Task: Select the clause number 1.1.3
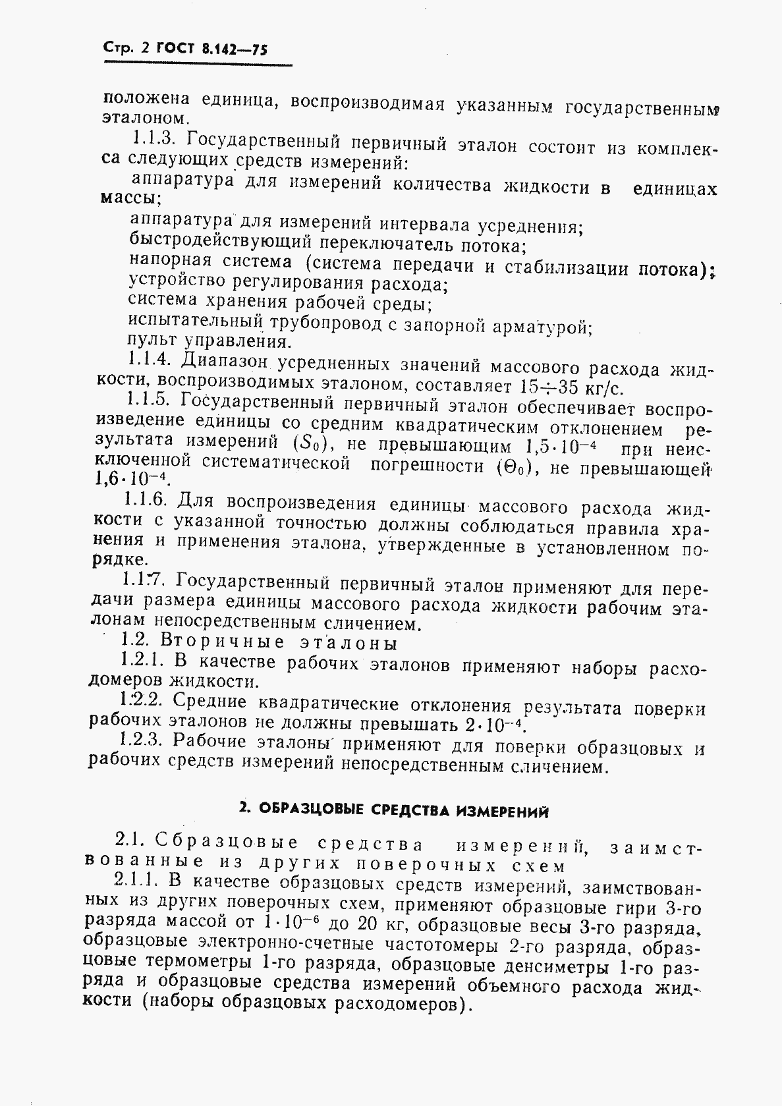point(152,139)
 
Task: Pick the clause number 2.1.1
point(136,879)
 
